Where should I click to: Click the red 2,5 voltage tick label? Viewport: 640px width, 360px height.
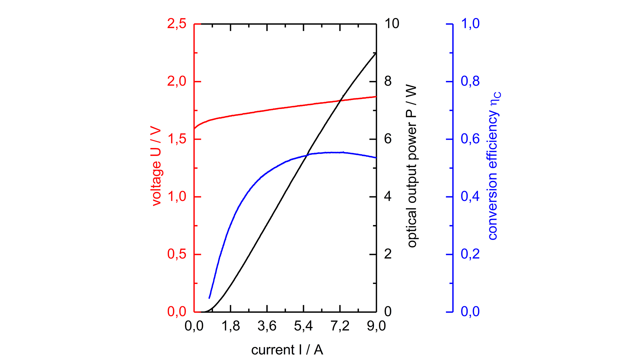[x=177, y=24]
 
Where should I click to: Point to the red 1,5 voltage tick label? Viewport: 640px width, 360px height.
[x=177, y=139]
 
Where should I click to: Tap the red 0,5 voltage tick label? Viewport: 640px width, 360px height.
[x=177, y=254]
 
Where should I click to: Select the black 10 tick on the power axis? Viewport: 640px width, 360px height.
[x=392, y=24]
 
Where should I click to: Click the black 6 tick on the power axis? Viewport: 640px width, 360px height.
[x=388, y=139]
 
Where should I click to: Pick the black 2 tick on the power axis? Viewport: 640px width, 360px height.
[x=388, y=254]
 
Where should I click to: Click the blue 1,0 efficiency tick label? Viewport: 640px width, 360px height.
[x=470, y=24]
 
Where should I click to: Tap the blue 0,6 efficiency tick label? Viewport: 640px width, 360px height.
[x=470, y=139]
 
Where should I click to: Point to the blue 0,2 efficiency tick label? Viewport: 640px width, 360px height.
[x=470, y=254]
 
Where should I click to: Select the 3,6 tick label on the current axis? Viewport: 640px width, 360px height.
[x=267, y=326]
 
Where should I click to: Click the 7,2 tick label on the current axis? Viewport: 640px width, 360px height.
[x=340, y=326]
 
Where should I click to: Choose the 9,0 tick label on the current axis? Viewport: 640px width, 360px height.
[x=376, y=326]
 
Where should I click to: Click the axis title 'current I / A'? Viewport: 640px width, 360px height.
[x=287, y=350]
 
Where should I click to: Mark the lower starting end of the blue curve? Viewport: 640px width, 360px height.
[x=209, y=298]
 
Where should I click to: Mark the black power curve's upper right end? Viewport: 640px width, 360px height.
[x=376, y=53]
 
